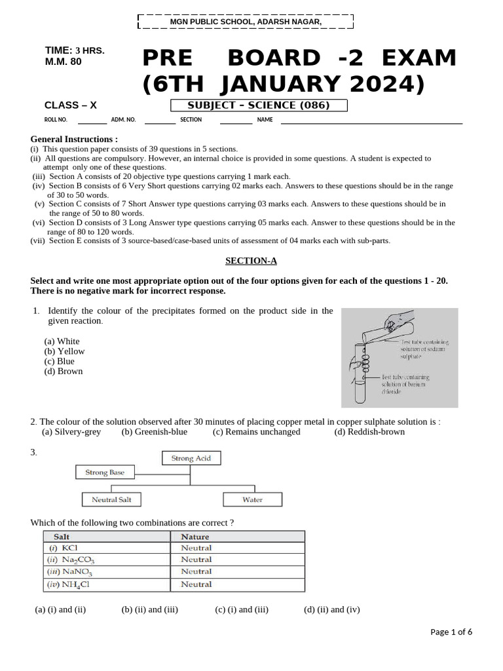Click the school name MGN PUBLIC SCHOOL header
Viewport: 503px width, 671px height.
coord(246,22)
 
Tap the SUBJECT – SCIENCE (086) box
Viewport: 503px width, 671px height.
coord(259,105)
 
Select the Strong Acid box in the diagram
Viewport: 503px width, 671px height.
coord(191,459)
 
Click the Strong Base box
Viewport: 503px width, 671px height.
coord(105,472)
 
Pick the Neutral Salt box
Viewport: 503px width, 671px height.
coord(111,500)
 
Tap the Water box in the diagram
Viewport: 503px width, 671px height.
coord(252,500)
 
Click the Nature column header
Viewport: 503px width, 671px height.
coord(195,537)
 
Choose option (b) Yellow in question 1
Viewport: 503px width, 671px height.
coord(64,351)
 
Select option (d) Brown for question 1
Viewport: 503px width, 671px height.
coord(64,371)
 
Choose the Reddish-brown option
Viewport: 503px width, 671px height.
coord(369,432)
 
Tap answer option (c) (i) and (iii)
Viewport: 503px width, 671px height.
coord(242,609)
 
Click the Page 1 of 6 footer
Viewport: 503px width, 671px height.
coord(451,632)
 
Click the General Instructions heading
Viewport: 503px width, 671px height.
coord(74,139)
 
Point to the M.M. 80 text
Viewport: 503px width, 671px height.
coord(64,61)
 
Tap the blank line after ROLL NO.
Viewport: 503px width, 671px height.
coord(92,121)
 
